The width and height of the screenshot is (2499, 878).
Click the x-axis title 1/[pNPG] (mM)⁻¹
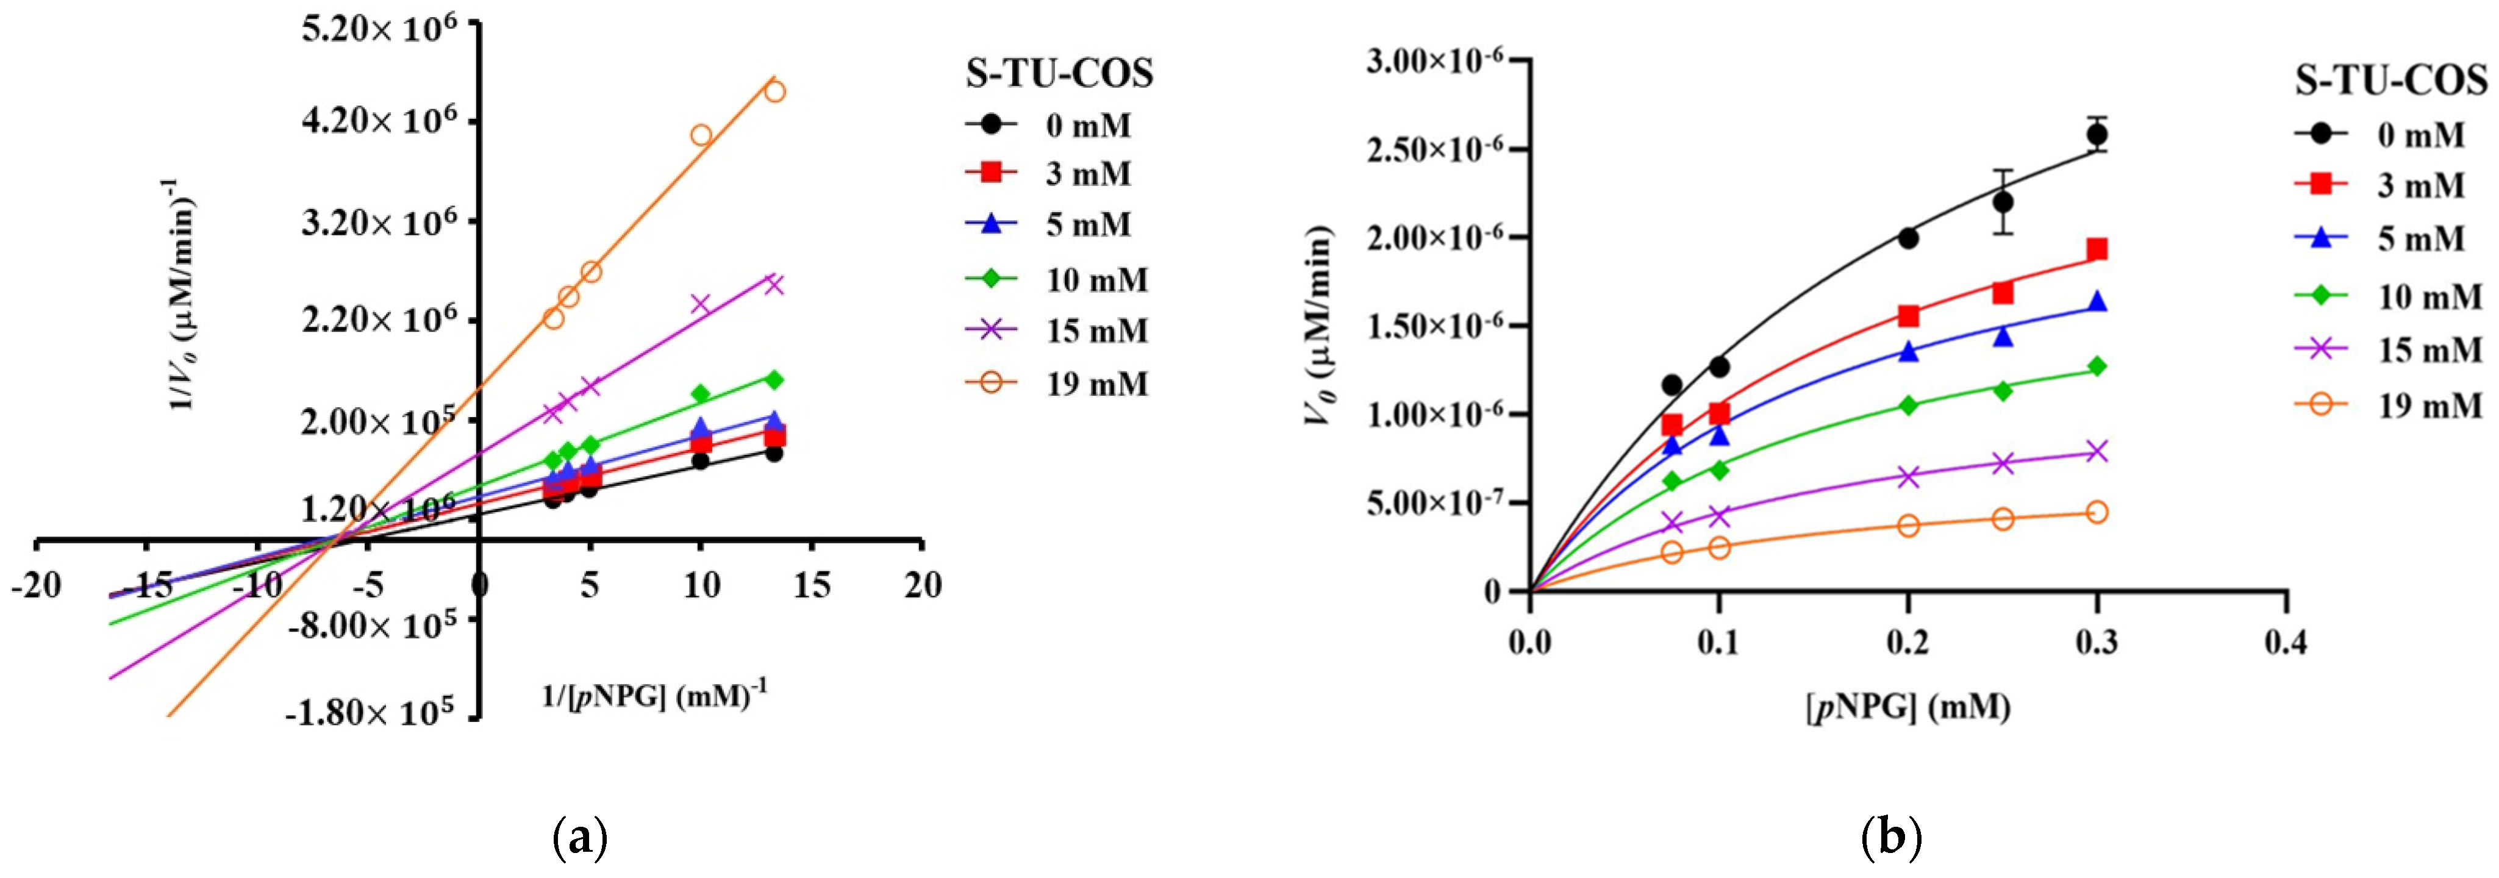click(655, 696)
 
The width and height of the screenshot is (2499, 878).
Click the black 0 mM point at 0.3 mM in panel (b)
click(2097, 135)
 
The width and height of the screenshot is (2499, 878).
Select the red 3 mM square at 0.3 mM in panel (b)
click(2097, 251)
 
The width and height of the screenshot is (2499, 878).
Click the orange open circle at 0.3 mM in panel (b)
click(2097, 512)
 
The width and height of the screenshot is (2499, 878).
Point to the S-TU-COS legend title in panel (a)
click(1059, 74)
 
